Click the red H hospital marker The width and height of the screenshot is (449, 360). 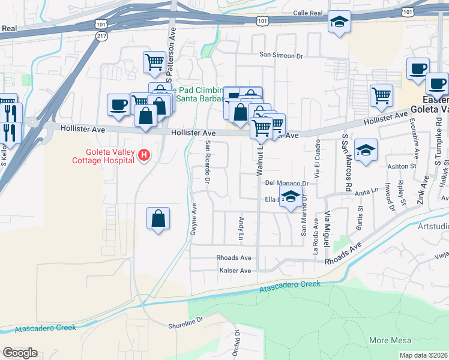coord(143,156)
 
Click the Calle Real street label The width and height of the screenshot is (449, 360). coord(309,13)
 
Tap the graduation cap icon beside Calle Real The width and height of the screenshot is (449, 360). coord(339,23)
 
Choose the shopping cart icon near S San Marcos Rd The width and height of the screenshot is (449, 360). coord(381,95)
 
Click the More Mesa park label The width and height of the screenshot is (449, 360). coord(390,340)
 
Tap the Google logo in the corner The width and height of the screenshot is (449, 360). coord(20,353)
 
